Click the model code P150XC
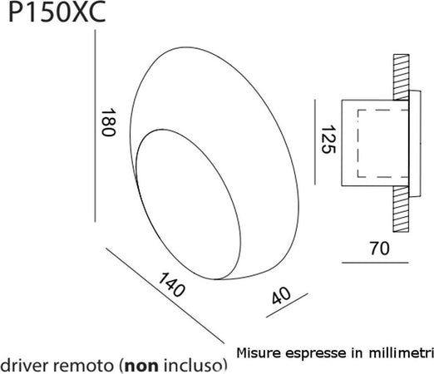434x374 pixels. pos(52,13)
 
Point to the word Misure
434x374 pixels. pos(259,353)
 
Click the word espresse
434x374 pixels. pos(311,353)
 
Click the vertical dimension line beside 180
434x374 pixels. pos(97,125)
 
